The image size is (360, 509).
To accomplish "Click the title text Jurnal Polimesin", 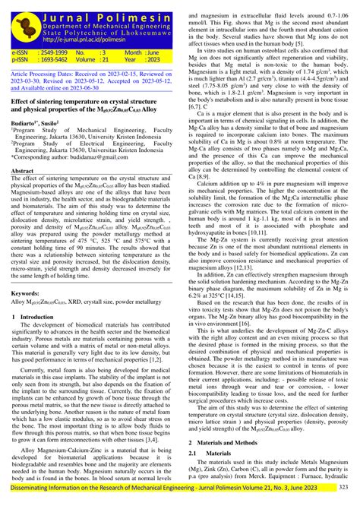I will tap(108, 8).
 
